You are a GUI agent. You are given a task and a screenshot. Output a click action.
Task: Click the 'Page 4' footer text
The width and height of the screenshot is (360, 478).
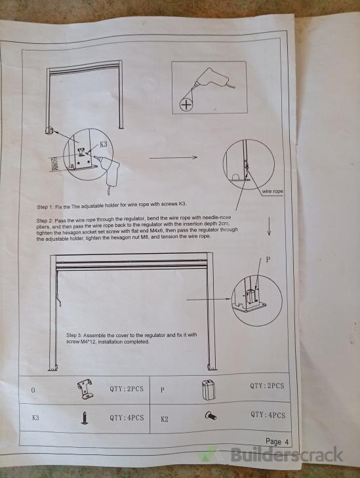(277, 441)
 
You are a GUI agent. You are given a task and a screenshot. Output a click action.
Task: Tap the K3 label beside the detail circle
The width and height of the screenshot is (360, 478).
(104, 144)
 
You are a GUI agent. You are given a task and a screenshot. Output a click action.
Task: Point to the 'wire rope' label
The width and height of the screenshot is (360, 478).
(273, 191)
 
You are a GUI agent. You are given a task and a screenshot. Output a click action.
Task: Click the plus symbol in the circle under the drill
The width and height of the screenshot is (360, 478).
(186, 105)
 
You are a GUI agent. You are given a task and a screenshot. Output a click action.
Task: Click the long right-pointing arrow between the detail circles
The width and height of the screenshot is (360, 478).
(173, 157)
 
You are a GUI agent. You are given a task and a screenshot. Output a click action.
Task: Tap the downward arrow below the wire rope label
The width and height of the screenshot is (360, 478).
(269, 226)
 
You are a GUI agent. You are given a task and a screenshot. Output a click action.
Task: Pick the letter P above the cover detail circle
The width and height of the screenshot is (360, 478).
(268, 260)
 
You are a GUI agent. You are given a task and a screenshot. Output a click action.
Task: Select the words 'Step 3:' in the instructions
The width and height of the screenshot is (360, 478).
(74, 335)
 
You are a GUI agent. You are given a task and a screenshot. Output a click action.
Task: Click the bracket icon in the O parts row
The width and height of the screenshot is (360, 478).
(85, 389)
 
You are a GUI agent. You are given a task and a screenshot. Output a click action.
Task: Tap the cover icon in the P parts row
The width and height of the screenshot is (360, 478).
(208, 390)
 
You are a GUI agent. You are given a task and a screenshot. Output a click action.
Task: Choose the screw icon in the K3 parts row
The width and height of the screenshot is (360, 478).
(85, 418)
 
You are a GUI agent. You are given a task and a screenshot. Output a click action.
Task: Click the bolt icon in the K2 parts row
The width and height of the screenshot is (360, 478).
(210, 416)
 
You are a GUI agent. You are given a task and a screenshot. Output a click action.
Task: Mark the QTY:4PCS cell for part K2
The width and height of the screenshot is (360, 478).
(268, 415)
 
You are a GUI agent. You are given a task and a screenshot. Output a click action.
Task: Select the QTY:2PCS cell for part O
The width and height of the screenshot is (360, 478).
(127, 389)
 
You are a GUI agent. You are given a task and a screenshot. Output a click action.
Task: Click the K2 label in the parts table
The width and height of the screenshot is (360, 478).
(165, 419)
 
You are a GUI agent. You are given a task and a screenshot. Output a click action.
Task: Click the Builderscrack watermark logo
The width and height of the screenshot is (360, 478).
(271, 455)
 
